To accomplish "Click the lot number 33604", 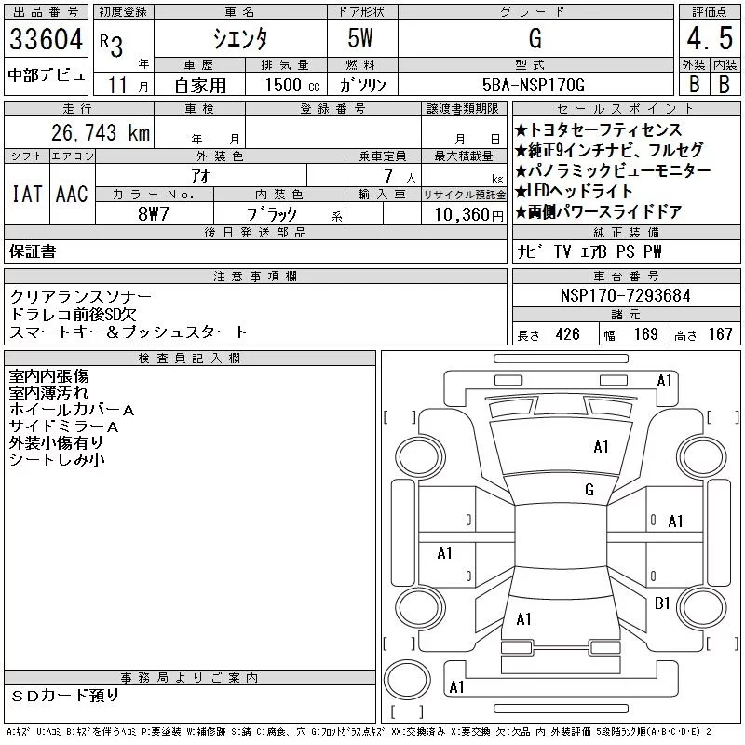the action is pyautogui.click(x=46, y=38).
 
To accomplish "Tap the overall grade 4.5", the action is pyautogui.click(x=710, y=38).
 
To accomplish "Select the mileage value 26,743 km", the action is pyautogui.click(x=101, y=132).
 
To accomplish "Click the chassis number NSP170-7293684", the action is pyautogui.click(x=625, y=295).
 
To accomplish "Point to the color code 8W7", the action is pyautogui.click(x=154, y=214).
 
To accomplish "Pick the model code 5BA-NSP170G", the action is pyautogui.click(x=533, y=85).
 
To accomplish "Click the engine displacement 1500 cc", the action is pyautogui.click(x=292, y=85).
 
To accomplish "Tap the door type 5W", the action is pyautogui.click(x=360, y=38).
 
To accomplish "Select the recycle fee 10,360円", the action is pyautogui.click(x=469, y=214).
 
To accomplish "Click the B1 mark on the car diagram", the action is pyautogui.click(x=662, y=603).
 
